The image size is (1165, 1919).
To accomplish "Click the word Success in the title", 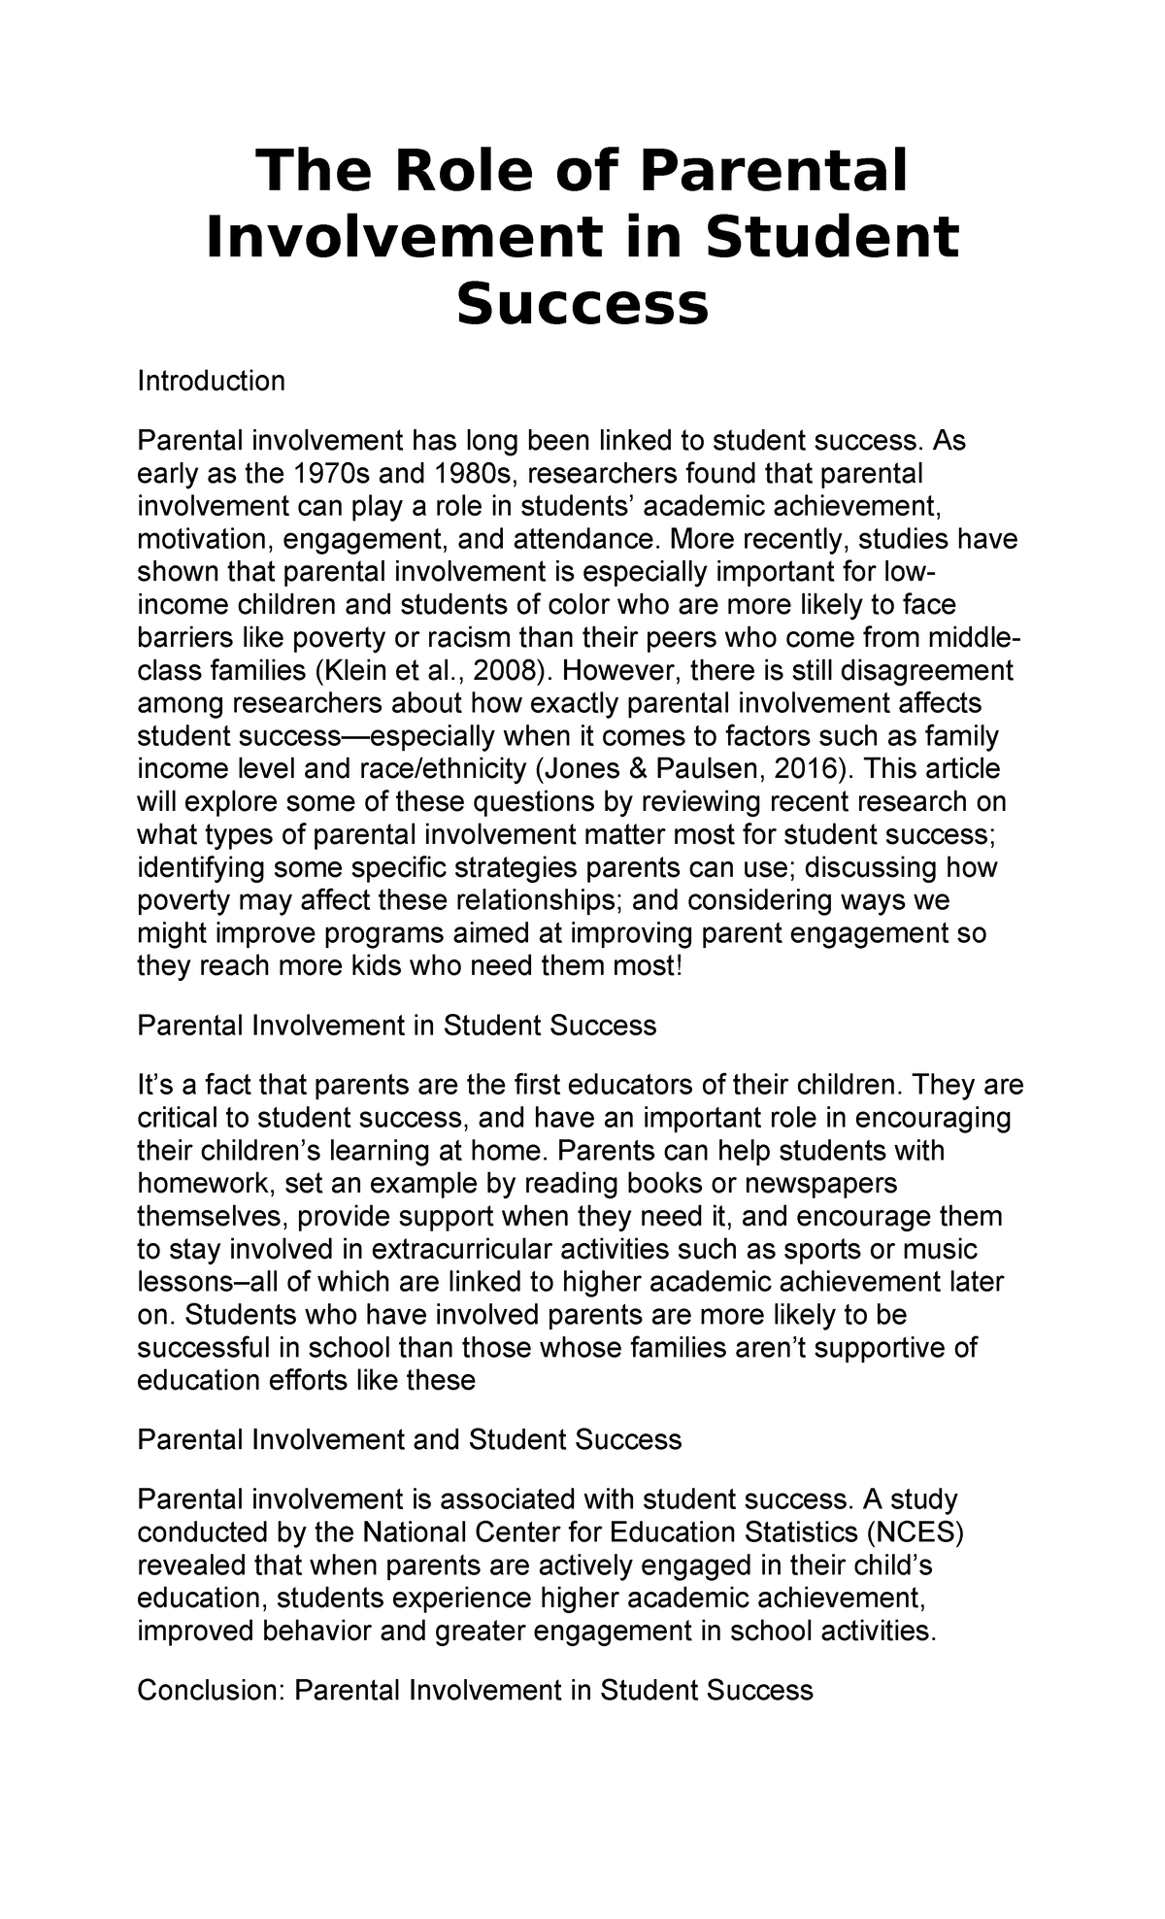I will click(x=582, y=304).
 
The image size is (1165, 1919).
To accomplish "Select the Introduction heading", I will click(x=211, y=381).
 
